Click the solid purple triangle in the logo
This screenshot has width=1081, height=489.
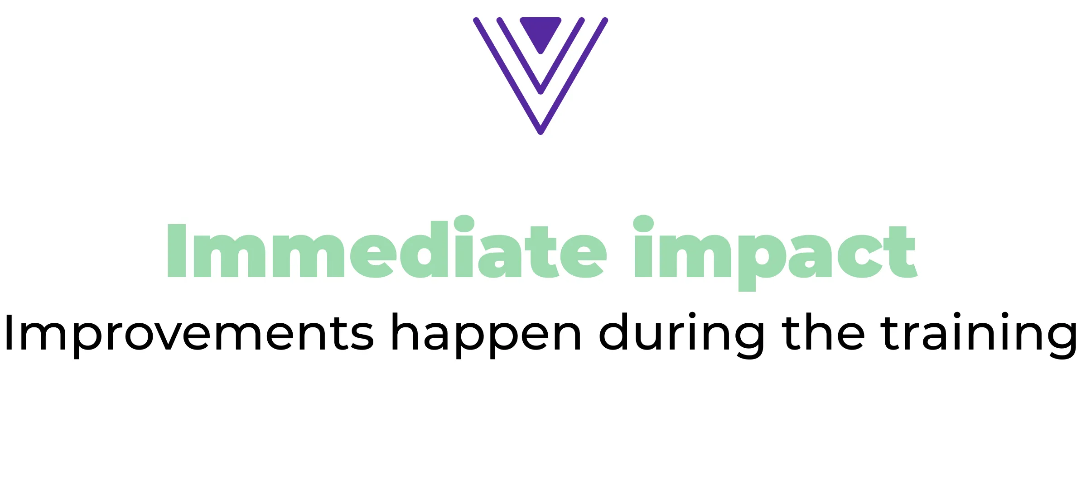tap(540, 32)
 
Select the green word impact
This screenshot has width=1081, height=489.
tap(775, 253)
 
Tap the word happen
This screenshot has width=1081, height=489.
tap(486, 336)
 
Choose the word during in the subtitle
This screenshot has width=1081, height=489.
tap(681, 336)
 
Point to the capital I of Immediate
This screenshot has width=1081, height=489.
tap(177, 250)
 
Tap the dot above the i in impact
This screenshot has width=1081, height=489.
tap(643, 223)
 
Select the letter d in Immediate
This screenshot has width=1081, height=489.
tap(424, 249)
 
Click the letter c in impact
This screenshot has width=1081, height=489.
tap(860, 256)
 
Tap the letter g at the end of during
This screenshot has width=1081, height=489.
tap(745, 340)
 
